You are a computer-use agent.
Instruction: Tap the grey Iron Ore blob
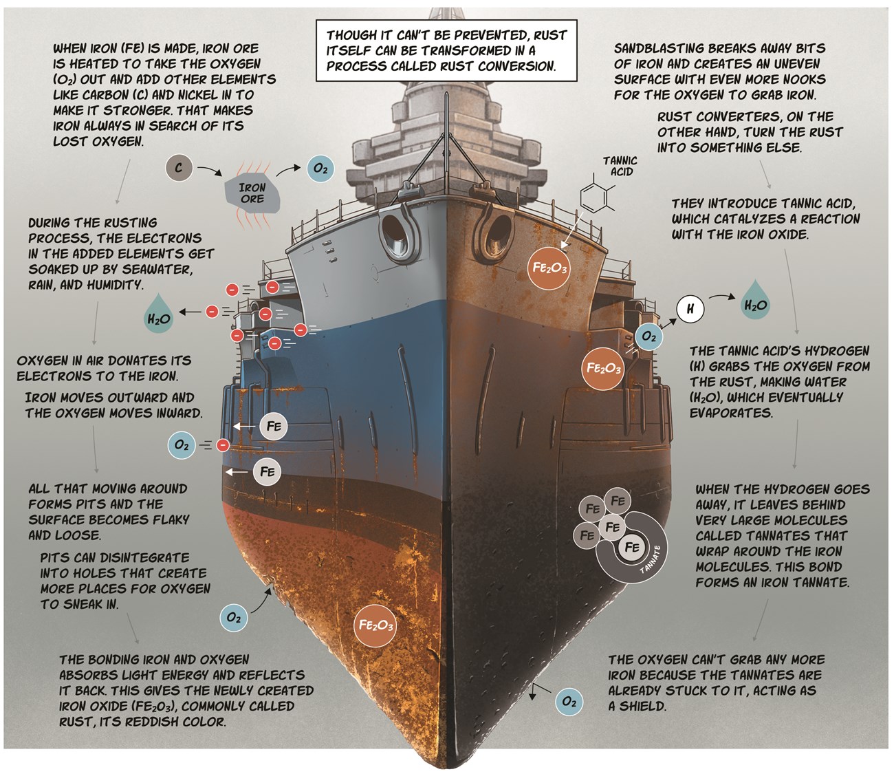[252, 193]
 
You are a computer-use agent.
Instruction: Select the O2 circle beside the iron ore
[320, 169]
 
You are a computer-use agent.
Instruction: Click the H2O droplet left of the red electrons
[159, 316]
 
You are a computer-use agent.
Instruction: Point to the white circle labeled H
[690, 309]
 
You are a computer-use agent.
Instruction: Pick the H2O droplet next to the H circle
[754, 301]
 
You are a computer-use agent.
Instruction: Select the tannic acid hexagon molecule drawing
[596, 197]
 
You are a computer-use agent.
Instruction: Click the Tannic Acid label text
[620, 166]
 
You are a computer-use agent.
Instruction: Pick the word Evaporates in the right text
[731, 413]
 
